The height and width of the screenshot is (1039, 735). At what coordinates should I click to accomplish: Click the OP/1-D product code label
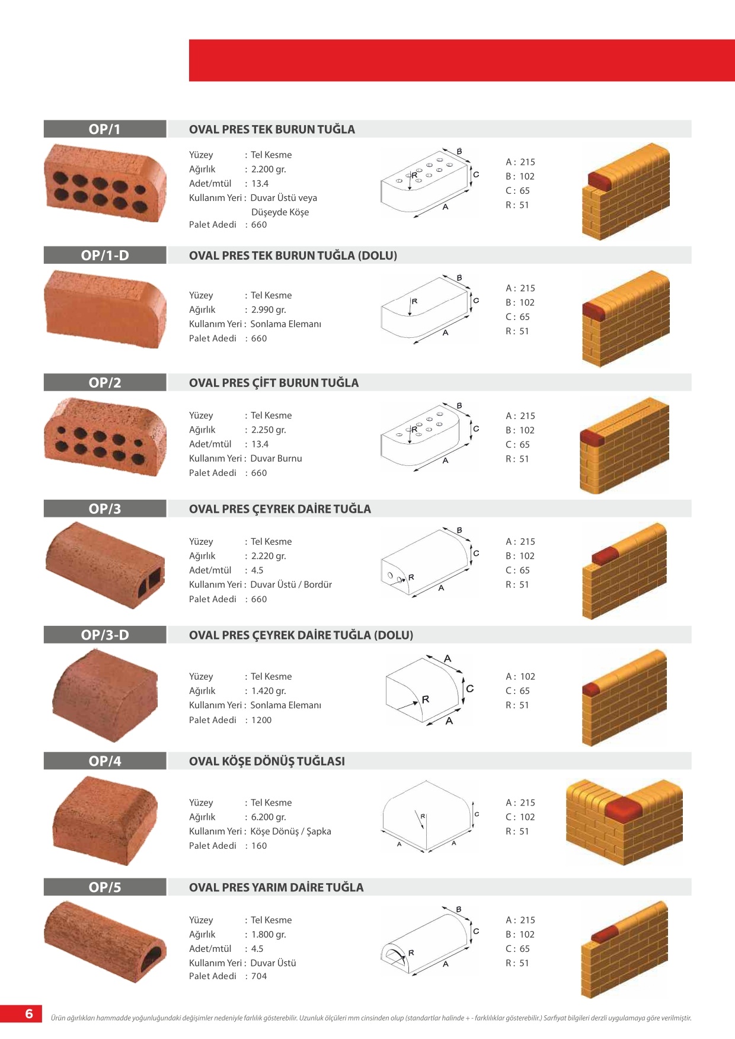[105, 255]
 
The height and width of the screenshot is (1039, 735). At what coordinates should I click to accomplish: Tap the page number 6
[29, 1014]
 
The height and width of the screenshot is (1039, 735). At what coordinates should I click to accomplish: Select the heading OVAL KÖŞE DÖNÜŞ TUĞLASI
[267, 761]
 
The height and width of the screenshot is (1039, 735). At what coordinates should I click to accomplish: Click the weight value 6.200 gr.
[269, 817]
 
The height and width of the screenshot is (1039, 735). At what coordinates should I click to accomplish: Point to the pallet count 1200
[261, 720]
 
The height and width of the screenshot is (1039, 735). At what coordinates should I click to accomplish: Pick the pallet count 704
[259, 976]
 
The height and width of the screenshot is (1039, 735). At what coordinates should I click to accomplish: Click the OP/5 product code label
[105, 887]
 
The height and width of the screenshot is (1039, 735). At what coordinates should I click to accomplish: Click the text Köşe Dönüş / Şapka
[290, 832]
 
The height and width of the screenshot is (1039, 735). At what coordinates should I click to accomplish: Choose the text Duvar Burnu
[276, 458]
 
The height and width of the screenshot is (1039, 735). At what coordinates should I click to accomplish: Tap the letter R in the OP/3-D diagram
[426, 699]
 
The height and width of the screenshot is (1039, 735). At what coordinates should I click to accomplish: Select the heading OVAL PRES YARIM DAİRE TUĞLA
[276, 887]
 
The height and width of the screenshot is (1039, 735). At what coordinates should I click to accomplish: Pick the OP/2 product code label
[105, 383]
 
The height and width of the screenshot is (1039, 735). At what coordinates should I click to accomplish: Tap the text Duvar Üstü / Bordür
[291, 584]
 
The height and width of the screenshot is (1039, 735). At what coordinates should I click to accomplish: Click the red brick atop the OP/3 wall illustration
[605, 556]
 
